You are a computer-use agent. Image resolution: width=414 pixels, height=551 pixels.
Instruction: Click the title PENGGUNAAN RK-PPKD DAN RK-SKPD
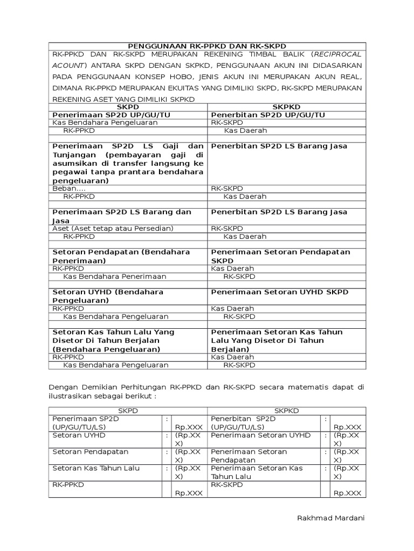click(x=207, y=46)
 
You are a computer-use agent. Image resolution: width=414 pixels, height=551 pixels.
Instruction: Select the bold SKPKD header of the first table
click(x=286, y=107)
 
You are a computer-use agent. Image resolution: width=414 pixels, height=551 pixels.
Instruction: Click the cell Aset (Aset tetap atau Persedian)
click(x=113, y=228)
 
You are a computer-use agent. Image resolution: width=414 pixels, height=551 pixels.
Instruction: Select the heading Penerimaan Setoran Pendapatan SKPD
click(x=280, y=256)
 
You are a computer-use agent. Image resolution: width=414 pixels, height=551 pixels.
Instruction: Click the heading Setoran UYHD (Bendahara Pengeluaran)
click(x=107, y=296)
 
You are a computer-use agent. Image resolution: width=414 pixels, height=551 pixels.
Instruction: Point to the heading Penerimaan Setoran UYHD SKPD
click(x=279, y=292)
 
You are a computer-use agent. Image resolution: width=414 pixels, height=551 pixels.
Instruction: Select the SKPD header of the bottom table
click(x=128, y=411)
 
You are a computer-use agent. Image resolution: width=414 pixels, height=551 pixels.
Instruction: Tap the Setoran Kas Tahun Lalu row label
click(x=96, y=468)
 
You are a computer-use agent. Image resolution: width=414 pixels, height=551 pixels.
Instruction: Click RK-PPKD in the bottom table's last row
click(x=68, y=484)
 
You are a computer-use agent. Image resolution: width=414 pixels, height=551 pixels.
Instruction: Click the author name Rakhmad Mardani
click(x=330, y=518)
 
